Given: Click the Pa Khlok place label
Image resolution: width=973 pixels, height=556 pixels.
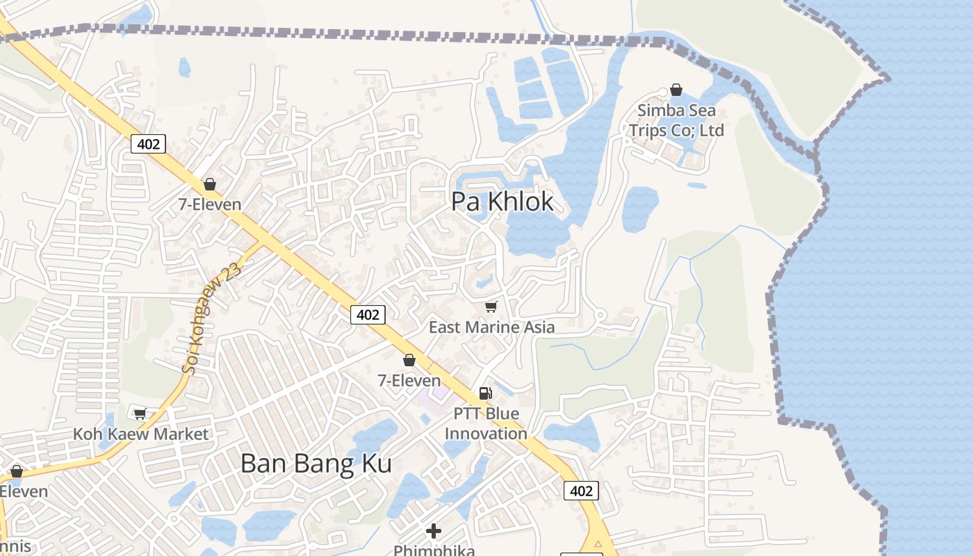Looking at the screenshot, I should [502, 202].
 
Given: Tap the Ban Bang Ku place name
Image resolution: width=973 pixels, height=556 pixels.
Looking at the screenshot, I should [316, 464].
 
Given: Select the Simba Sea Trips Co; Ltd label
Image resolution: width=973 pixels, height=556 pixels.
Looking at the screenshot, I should [676, 120].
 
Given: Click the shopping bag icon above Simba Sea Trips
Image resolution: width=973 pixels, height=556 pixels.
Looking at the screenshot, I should [676, 90].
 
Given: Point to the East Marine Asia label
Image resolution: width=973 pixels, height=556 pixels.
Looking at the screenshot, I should [491, 327].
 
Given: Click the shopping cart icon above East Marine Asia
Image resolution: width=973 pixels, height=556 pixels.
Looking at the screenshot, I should [491, 306].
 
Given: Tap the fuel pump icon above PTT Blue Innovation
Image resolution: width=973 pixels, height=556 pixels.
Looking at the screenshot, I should [486, 393].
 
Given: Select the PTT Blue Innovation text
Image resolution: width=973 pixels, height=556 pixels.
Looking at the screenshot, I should [486, 423].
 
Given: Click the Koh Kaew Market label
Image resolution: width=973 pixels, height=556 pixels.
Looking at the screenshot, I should [140, 434].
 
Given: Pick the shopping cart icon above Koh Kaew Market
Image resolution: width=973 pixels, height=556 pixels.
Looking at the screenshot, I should [140, 414].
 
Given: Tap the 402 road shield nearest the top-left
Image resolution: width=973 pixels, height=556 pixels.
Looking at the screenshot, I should [148, 144].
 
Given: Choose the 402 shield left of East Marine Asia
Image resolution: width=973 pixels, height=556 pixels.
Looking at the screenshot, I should [368, 315].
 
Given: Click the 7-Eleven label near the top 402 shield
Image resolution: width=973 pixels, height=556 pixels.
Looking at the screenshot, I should [209, 204].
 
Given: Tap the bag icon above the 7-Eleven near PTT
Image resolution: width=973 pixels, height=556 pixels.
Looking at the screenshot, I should [409, 360].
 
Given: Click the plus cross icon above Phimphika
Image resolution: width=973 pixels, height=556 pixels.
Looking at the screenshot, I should [434, 532].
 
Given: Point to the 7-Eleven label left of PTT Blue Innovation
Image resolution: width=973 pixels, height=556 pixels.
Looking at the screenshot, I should [409, 380].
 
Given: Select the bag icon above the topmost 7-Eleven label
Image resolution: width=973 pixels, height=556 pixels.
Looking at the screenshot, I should [209, 184].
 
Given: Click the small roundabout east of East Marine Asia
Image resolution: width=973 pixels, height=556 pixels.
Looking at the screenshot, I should [600, 315].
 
